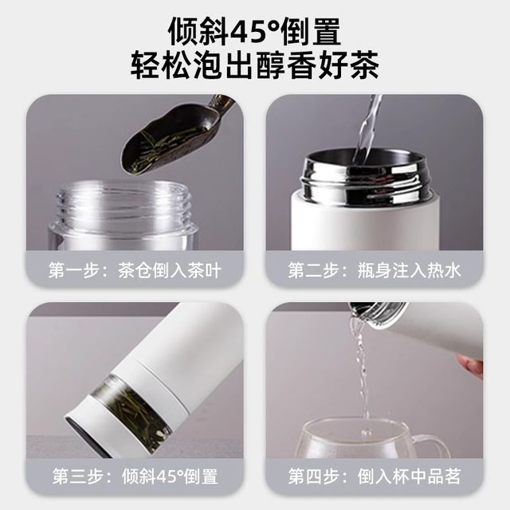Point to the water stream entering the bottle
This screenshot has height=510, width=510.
pyautogui.click(x=368, y=127)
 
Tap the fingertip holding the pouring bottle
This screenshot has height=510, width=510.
pyautogui.click(x=471, y=365)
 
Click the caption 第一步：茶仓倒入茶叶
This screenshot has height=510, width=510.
pyautogui.click(x=135, y=271)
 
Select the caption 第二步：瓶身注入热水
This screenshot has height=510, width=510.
pyautogui.click(x=375, y=271)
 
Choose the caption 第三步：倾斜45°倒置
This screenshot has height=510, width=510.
pyautogui.click(x=135, y=478)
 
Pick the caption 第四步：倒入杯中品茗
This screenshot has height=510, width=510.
pyautogui.click(x=375, y=478)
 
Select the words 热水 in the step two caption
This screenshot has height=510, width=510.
pyautogui.click(x=443, y=271)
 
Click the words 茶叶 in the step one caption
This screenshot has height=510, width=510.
pyautogui.click(x=204, y=271)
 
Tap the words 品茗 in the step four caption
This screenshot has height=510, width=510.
pyautogui.click(x=443, y=478)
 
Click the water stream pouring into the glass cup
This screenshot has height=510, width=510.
pyautogui.click(x=363, y=375)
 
